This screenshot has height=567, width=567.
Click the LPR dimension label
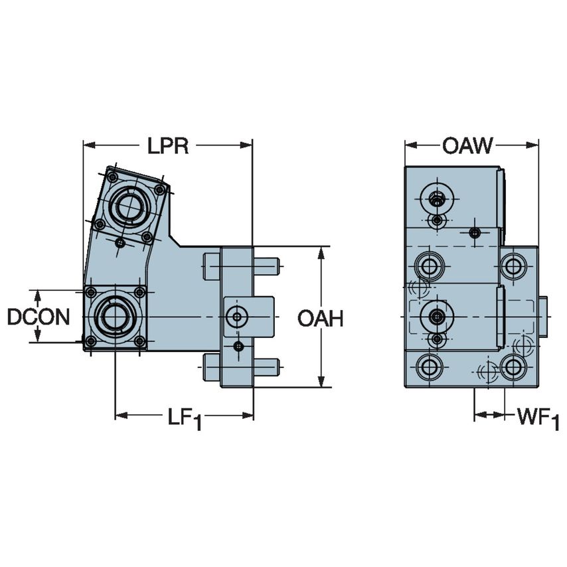[168, 146]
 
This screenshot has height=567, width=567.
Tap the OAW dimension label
[468, 145]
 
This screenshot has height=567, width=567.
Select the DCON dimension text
[39, 317]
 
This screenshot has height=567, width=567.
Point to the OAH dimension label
[320, 319]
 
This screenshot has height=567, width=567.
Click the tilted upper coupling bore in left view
[129, 204]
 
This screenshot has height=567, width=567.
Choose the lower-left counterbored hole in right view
[428, 366]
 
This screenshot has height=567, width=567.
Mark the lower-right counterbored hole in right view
[513, 366]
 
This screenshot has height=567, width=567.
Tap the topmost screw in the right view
[436, 197]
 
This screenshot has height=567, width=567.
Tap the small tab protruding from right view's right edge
[542, 317]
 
